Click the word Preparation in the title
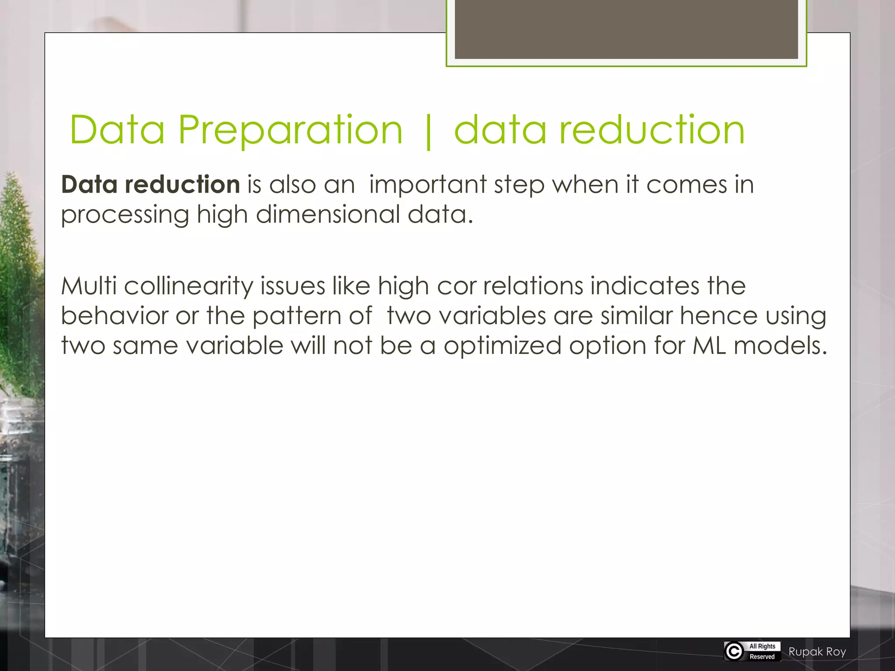point(290,130)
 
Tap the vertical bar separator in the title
point(428,131)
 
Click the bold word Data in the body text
point(89,184)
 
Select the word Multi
point(89,286)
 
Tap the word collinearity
point(188,287)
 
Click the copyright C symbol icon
point(734,651)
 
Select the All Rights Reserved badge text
point(762,651)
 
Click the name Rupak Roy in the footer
point(817,652)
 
